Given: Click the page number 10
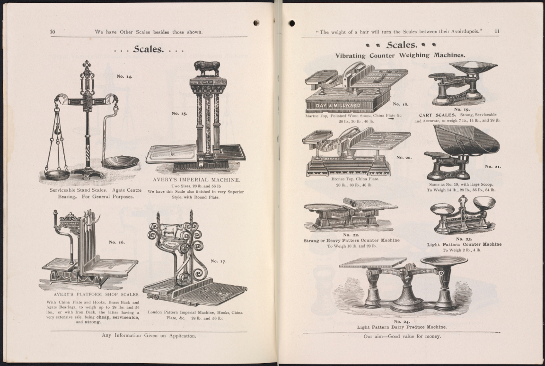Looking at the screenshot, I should pyautogui.click(x=53, y=32).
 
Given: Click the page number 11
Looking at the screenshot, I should pyautogui.click(x=497, y=32).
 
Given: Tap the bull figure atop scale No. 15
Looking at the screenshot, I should pyautogui.click(x=207, y=68).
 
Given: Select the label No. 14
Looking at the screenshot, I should pyautogui.click(x=124, y=76).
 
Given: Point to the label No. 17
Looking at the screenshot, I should pyautogui.click(x=218, y=261).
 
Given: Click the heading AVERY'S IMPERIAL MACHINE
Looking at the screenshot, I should pyautogui.click(x=196, y=180).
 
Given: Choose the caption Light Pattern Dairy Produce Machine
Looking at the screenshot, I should pyautogui.click(x=402, y=327).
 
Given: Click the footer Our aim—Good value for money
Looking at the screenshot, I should pyautogui.click(x=402, y=336).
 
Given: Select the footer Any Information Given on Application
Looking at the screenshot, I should pyautogui.click(x=149, y=336).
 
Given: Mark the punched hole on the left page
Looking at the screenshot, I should pyautogui.click(x=256, y=23).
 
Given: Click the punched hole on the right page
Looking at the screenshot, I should pyautogui.click(x=291, y=23).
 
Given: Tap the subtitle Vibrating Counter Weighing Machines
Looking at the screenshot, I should pyautogui.click(x=400, y=55).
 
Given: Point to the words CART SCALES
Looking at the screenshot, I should pyautogui.click(x=437, y=115).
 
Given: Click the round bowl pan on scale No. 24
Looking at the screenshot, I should pyautogui.click(x=444, y=260).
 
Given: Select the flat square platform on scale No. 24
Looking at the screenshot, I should pyautogui.click(x=372, y=262).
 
